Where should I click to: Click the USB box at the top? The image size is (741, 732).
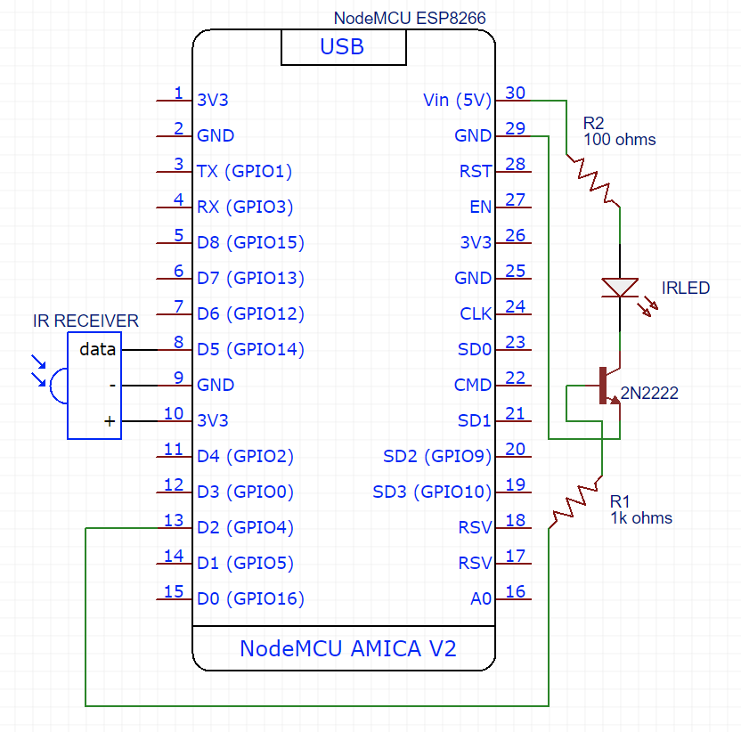point(343,47)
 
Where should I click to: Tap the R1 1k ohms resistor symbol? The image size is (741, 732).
point(575,503)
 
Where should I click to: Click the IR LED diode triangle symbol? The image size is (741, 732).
point(619,287)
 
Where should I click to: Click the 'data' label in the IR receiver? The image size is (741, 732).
point(97,350)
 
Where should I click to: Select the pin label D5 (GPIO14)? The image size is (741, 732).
point(250,350)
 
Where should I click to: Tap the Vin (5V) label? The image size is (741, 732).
point(457,101)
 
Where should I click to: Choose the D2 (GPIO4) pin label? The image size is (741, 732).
point(245,528)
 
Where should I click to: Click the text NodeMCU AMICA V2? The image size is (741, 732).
point(347,648)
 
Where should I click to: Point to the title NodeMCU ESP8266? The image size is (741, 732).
point(410,18)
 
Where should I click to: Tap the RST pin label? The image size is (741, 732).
point(475,172)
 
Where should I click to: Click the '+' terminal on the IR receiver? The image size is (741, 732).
point(110,422)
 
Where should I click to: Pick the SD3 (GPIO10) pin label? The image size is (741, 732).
point(432,492)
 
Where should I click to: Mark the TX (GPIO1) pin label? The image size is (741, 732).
point(244,172)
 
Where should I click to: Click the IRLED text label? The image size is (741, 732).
point(686,289)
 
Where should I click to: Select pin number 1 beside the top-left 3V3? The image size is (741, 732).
point(179,94)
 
